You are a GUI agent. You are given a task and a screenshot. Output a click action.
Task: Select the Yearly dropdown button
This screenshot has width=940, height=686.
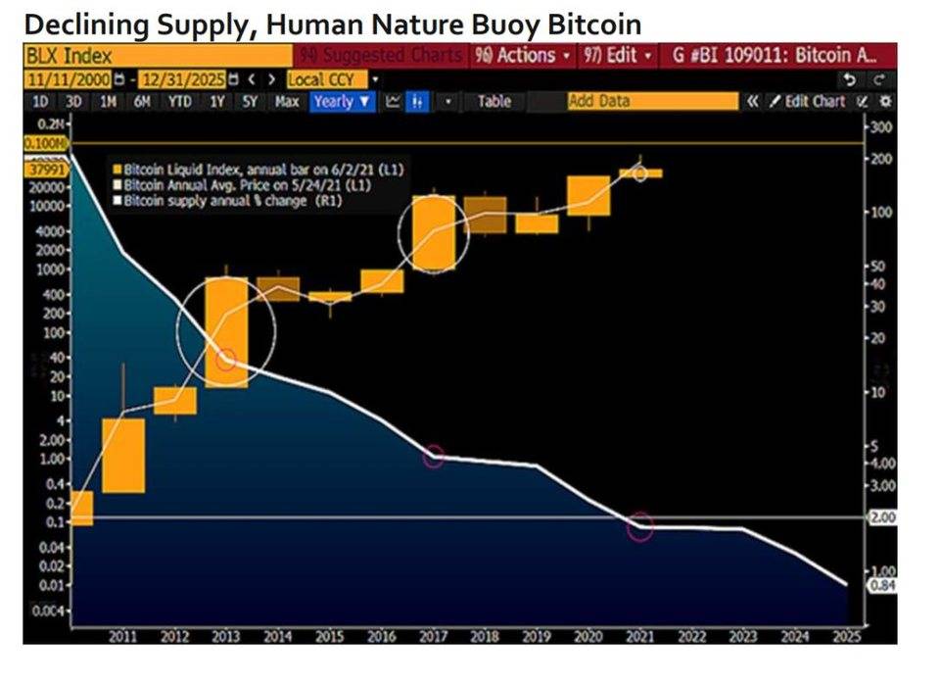click(342, 101)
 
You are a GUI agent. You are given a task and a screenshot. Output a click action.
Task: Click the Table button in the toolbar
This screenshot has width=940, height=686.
click(493, 101)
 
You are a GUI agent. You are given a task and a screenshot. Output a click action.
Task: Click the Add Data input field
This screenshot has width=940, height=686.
click(652, 101)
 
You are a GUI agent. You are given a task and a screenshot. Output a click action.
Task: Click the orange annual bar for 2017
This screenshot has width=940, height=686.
click(434, 233)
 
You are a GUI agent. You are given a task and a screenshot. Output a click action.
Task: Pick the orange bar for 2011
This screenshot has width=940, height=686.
click(123, 456)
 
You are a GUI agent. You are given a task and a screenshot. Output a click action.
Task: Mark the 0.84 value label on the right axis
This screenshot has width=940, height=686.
click(883, 586)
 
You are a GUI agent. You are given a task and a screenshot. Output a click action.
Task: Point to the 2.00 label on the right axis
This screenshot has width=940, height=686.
click(883, 516)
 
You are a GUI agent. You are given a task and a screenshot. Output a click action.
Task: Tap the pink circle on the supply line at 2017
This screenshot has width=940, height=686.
click(434, 457)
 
